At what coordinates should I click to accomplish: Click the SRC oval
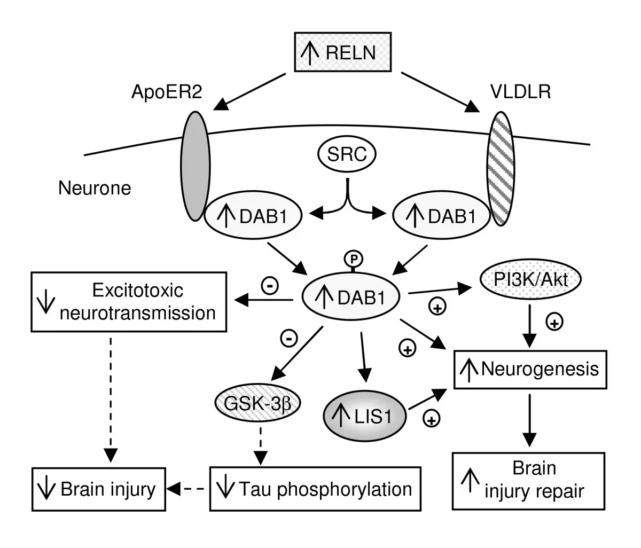click(x=347, y=154)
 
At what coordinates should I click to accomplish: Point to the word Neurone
click(x=95, y=188)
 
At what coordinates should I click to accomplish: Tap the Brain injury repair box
click(x=529, y=480)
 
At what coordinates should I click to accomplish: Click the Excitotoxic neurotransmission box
click(x=127, y=302)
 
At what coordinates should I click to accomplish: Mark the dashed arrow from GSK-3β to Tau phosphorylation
click(x=261, y=444)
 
